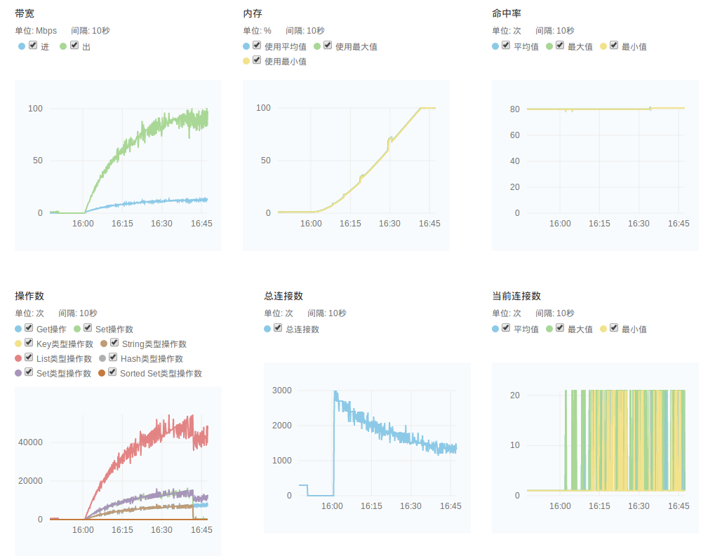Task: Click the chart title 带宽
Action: click(25, 13)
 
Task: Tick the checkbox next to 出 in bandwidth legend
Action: click(74, 46)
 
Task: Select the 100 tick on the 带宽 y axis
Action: click(35, 109)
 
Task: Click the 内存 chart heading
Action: click(253, 13)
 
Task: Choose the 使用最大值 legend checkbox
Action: click(328, 46)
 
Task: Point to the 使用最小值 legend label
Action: click(285, 62)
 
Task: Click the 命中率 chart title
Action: click(506, 13)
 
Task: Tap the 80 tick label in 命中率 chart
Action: click(515, 109)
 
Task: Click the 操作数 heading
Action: click(29, 296)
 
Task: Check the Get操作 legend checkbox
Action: click(29, 328)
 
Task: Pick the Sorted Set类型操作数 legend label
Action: click(161, 374)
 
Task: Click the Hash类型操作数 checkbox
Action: click(113, 358)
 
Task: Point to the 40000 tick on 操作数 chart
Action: click(30, 442)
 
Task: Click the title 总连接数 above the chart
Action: click(283, 296)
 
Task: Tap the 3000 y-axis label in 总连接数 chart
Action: click(281, 391)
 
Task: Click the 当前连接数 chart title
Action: click(516, 296)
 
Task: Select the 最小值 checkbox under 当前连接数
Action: click(614, 327)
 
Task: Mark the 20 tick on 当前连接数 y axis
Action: click(515, 395)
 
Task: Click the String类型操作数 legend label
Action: click(154, 344)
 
